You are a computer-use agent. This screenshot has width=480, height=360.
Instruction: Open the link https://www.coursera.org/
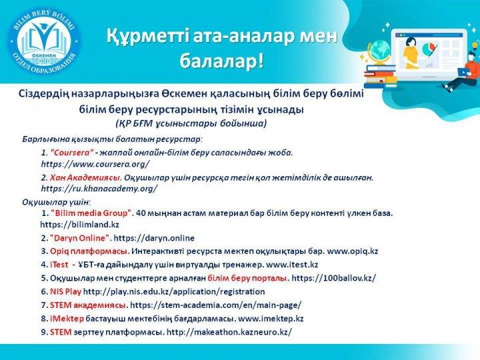click(x=95, y=163)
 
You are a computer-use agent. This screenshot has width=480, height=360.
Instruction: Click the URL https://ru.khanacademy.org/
click(x=99, y=189)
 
